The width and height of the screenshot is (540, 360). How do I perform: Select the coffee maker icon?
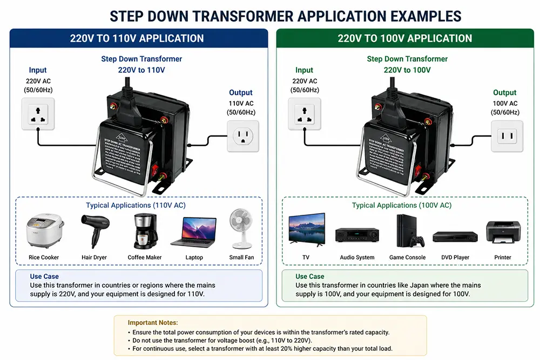pos(144,231)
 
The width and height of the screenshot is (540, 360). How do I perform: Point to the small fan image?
pos(241,229)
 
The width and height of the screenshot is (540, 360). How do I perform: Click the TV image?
pos(306,229)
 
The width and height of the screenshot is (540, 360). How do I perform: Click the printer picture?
pos(503,233)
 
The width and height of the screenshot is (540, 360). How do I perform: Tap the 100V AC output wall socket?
pos(507,136)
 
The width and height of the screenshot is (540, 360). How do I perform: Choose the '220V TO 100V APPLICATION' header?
pos(405,39)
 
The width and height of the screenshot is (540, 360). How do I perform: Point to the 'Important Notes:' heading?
pos(153,323)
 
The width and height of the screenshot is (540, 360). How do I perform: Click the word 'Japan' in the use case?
pos(410,285)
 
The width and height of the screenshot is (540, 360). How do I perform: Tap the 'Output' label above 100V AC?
pos(505,92)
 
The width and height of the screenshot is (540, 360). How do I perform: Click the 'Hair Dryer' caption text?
pos(94,257)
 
